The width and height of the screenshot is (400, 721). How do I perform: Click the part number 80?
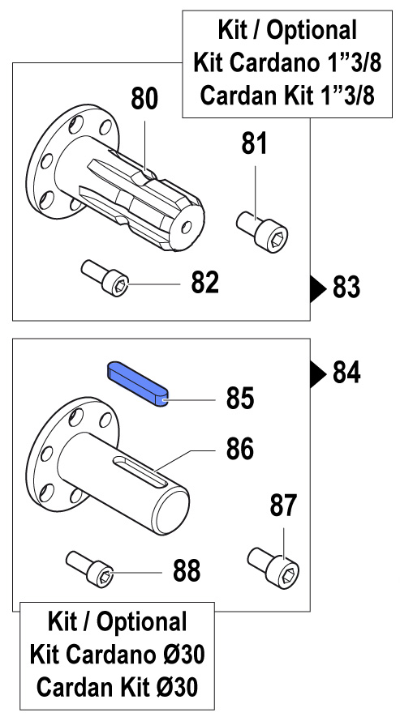(x=144, y=99)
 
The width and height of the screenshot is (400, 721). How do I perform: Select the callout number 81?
(x=255, y=143)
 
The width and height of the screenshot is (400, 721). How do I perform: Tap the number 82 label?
(x=204, y=283)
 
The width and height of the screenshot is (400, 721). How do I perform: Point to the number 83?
(x=346, y=288)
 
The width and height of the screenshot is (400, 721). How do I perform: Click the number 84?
(x=346, y=373)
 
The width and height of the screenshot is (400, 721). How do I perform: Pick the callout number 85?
(x=240, y=399)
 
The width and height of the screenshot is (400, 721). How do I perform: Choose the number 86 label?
(x=240, y=449)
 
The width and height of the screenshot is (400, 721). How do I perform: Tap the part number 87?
(x=283, y=506)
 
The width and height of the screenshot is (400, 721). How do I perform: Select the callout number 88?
(x=187, y=571)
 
